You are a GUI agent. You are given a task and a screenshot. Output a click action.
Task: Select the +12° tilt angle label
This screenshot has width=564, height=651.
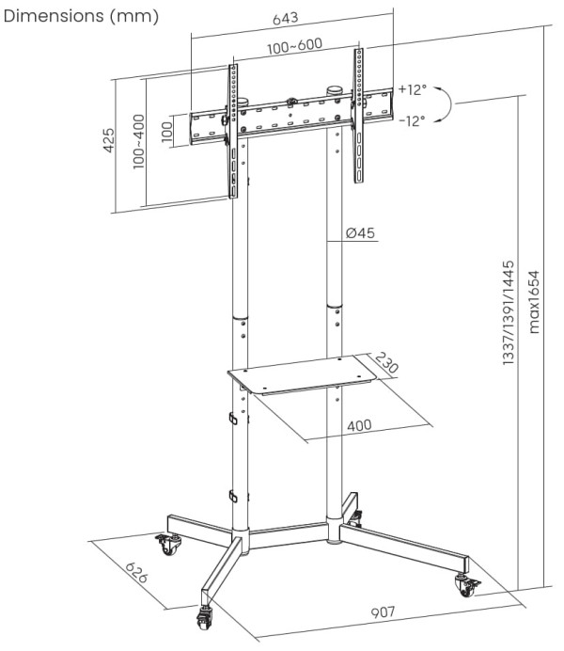coord(411,89)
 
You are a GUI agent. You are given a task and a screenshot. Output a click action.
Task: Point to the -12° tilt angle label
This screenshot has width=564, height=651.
coord(411,120)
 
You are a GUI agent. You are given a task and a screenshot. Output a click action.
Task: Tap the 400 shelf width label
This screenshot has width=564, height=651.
coord(358,424)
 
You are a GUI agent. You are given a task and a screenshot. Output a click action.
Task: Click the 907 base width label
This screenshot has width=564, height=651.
coord(383,611)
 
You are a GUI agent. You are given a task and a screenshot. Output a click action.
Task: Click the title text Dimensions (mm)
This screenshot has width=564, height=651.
coord(82,16)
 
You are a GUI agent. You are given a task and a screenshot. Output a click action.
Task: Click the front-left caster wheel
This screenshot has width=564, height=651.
coord(204,614)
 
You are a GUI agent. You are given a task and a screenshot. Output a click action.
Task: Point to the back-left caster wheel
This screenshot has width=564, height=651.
coord(167,545)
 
